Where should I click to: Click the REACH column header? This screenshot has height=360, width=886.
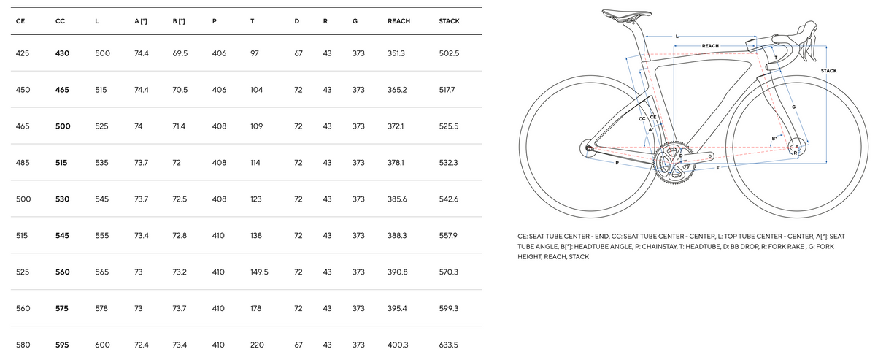pos(398,21)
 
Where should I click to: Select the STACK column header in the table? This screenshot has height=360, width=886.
pos(449,21)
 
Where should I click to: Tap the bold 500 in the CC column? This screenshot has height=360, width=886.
pos(63,126)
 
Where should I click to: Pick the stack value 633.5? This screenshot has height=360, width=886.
pos(448,345)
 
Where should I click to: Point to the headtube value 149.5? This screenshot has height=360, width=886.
pos(259,272)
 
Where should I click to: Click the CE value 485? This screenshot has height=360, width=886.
pos(23,163)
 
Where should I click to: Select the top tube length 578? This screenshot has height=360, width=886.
pos(101,308)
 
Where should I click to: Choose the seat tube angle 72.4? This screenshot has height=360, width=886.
pos(142,345)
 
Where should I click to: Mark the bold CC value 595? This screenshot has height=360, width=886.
pos(63,345)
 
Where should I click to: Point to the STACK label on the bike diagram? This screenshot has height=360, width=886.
pos(828,71)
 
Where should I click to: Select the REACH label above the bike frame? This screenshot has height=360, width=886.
pos(710,46)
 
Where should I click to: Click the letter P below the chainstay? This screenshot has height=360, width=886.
pos(617,163)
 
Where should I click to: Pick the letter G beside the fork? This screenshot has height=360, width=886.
pos(793,107)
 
